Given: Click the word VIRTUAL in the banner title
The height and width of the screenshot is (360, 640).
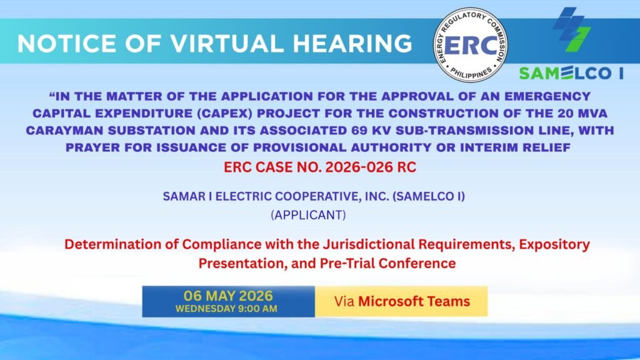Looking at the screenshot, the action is [x=226, y=43].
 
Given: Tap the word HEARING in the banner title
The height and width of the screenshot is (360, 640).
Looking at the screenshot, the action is [x=352, y=43].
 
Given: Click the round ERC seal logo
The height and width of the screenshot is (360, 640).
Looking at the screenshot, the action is [x=470, y=45].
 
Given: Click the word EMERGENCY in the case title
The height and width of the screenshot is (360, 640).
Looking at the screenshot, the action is [x=547, y=96].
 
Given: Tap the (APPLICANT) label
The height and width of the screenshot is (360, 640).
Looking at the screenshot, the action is [x=309, y=215].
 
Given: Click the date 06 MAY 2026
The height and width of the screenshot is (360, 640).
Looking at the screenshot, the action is [x=228, y=296].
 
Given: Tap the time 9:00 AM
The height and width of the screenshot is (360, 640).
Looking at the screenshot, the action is [x=257, y=309].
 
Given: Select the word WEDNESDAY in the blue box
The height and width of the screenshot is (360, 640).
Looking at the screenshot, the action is [x=205, y=309].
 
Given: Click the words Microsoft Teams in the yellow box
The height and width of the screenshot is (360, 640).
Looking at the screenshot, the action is [x=414, y=301].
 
